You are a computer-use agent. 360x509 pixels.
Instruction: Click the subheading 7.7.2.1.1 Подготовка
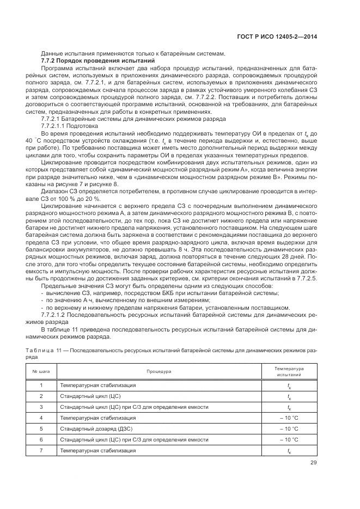(x=70, y=125)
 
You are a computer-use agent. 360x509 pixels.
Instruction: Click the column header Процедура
(x=158, y=371)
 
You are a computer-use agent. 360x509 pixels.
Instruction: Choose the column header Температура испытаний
(x=289, y=371)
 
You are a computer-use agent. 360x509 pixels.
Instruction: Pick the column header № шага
(x=41, y=371)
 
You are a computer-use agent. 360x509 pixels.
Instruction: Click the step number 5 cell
(x=41, y=428)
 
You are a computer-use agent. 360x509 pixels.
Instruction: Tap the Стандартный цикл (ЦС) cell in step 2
(x=90, y=396)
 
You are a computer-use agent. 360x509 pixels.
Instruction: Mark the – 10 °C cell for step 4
(x=289, y=418)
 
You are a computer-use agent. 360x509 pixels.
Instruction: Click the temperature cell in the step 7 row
(x=289, y=450)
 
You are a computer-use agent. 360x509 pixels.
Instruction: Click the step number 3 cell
(x=41, y=407)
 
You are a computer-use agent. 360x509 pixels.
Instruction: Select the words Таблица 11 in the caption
(x=47, y=351)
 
